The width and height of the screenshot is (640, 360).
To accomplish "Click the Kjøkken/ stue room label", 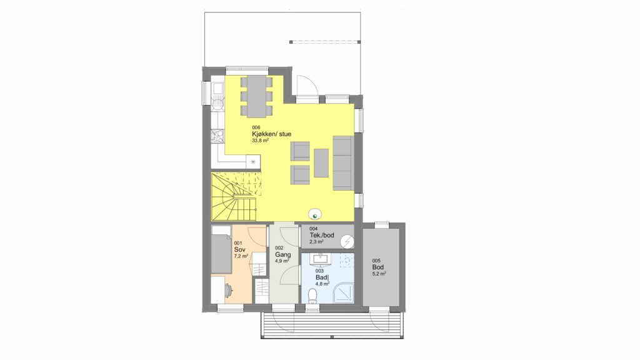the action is (271, 134).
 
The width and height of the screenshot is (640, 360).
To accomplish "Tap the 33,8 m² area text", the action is (261, 141).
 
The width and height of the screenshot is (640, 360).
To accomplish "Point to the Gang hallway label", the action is (283, 255).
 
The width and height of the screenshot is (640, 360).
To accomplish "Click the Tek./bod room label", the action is (322, 235).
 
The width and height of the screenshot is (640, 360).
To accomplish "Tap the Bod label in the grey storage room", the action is (378, 267).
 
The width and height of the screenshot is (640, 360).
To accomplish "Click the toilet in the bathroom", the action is (313, 296).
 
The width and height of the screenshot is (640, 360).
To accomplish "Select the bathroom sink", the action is (321, 259).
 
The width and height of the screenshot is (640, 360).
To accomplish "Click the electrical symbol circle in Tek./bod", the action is (347, 242).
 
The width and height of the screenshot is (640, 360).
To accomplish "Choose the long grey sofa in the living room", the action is (343, 163).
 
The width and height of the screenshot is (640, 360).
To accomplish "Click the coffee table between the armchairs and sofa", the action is (321, 163).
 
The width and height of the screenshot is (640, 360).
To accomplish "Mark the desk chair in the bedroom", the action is (228, 290).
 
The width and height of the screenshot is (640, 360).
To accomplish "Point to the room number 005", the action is (376, 261).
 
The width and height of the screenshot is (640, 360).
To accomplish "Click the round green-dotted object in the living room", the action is (315, 214).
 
